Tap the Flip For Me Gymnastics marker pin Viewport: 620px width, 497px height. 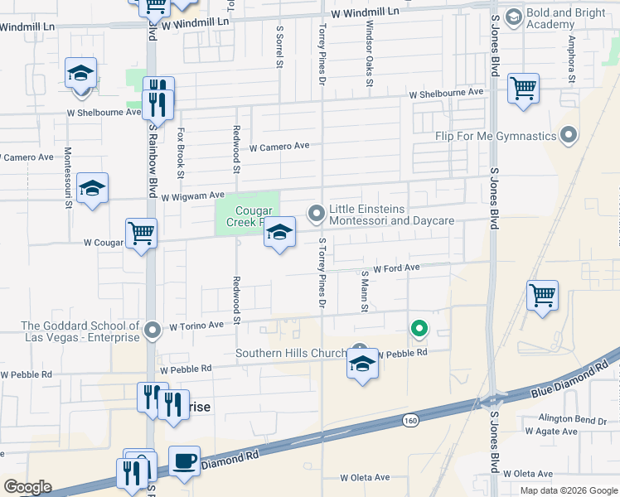(x=569, y=135)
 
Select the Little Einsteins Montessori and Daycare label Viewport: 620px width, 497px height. (x=391, y=215)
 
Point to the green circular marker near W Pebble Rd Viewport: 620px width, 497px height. (x=419, y=330)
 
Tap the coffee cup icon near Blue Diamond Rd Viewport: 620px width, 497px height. (x=184, y=460)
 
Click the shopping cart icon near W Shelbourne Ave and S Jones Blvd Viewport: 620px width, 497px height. (x=523, y=88)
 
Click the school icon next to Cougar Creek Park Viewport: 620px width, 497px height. (x=280, y=233)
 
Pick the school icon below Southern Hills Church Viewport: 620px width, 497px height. (x=362, y=364)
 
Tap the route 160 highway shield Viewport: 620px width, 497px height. (x=410, y=421)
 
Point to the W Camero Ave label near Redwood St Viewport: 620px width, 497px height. (x=279, y=147)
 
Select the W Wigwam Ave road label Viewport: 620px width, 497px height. (x=192, y=197)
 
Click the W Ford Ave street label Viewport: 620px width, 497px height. (x=396, y=268)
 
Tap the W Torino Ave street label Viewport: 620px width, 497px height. (x=196, y=326)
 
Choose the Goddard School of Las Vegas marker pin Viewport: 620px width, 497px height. (x=152, y=331)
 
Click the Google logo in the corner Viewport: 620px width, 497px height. (x=27, y=487)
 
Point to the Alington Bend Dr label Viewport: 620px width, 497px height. (x=572, y=419)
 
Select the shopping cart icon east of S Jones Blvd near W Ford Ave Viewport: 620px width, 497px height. (x=542, y=295)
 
